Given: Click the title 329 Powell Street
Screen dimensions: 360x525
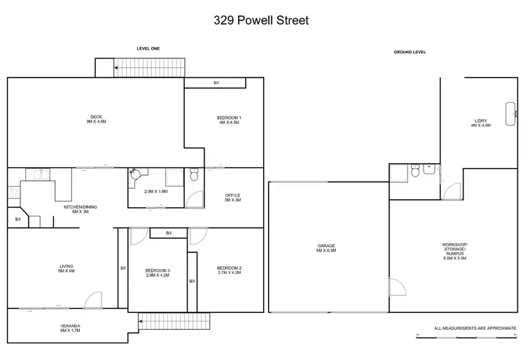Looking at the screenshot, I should tap(261, 20).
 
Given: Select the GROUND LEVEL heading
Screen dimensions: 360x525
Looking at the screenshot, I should tap(410, 52).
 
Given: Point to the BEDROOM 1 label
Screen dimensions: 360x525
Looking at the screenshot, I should tap(230, 119).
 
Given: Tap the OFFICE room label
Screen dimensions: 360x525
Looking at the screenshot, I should tap(232, 198).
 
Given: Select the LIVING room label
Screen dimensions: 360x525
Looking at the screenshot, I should tap(66, 268).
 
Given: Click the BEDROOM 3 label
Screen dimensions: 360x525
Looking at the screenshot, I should tap(157, 272).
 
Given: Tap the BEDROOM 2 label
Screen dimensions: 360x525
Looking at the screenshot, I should tap(229, 270).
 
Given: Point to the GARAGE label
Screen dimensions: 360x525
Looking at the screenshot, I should tap(326, 247).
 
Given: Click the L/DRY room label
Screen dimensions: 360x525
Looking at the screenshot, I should tap(480, 123).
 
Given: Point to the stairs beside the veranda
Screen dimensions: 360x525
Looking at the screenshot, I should tap(175, 322).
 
